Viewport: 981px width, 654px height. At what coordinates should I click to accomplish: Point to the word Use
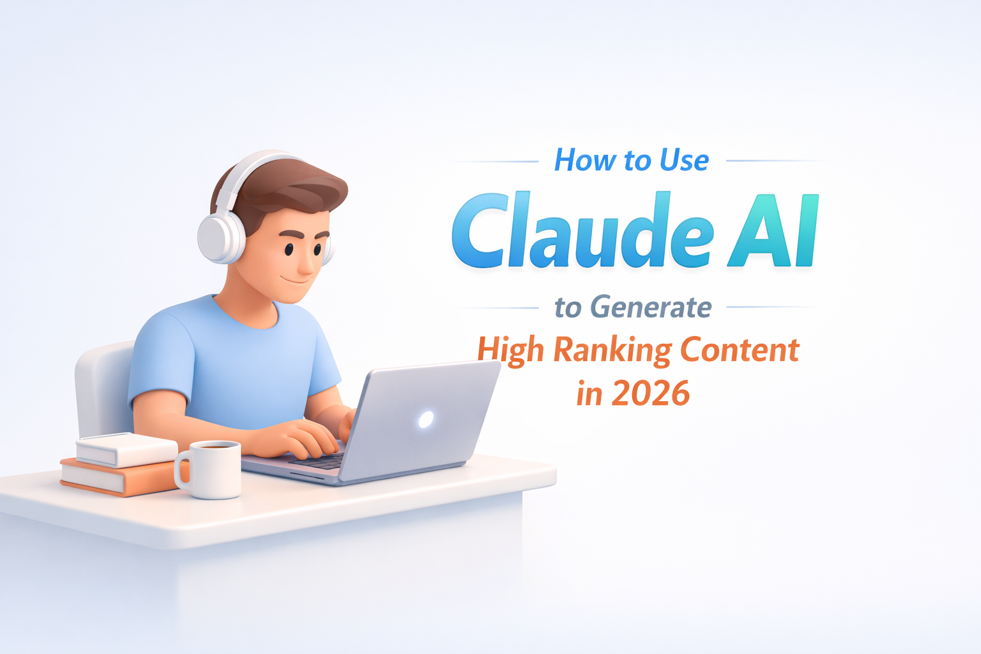pos(684,160)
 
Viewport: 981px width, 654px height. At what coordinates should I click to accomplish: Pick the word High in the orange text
pos(510,351)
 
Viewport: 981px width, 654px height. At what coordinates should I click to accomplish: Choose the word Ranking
pos(612,351)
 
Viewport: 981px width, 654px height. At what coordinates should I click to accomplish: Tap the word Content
pos(739,349)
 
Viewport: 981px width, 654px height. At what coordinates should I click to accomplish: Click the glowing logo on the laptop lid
pos(425,419)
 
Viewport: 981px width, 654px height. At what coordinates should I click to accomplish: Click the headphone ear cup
pos(221,238)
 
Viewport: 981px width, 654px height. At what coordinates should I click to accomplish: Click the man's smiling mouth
pos(295,280)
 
